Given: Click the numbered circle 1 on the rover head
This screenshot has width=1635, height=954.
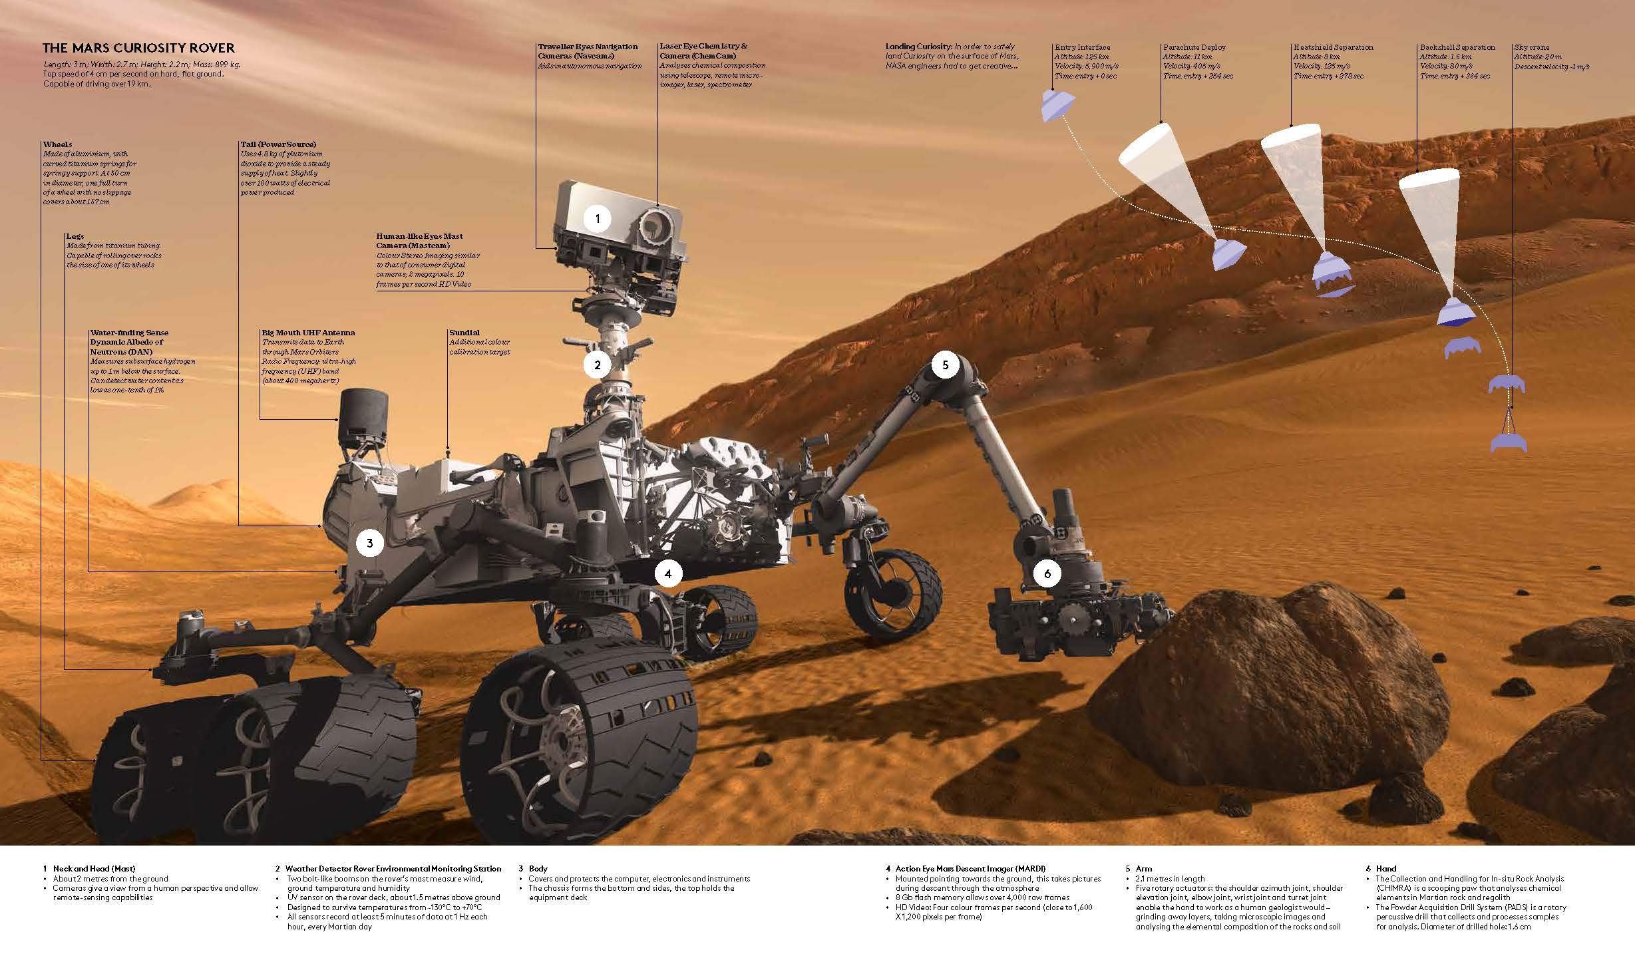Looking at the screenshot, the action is pyautogui.click(x=598, y=218).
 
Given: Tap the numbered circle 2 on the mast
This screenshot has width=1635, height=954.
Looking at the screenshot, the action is pyautogui.click(x=598, y=365).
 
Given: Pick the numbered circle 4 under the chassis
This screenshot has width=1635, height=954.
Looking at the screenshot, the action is pyautogui.click(x=668, y=573).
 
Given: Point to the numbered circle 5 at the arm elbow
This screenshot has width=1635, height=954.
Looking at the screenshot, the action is pyautogui.click(x=945, y=365).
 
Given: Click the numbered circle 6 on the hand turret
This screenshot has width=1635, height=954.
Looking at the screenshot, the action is pyautogui.click(x=1047, y=573).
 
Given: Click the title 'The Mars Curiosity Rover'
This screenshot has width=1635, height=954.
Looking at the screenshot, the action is pyautogui.click(x=138, y=48).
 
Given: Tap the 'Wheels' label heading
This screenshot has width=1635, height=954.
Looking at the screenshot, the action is pyautogui.click(x=57, y=144).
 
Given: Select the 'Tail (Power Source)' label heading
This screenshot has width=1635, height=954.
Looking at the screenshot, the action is pyautogui.click(x=278, y=144).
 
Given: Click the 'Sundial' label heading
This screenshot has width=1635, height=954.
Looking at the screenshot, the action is pyautogui.click(x=464, y=333).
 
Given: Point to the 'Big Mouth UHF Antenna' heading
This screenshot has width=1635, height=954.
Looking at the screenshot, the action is pyautogui.click(x=308, y=333).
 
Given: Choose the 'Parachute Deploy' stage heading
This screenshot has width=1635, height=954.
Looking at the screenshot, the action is pyautogui.click(x=1194, y=47).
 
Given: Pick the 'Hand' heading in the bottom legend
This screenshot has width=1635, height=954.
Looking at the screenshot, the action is pyautogui.click(x=1386, y=869).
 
